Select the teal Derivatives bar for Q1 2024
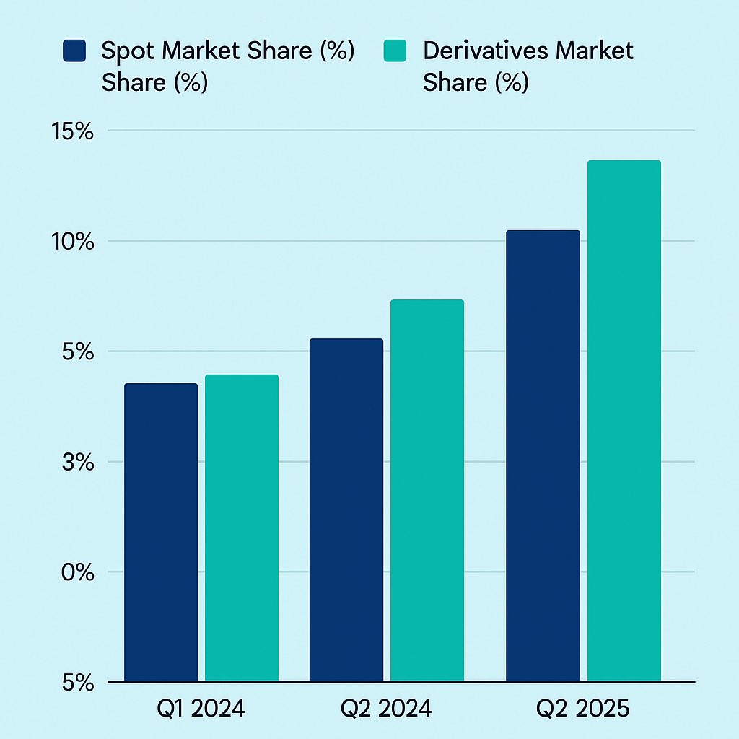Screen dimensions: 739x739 click(242, 528)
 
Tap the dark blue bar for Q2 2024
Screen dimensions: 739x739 click(346, 510)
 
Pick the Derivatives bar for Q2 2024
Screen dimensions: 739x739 click(427, 491)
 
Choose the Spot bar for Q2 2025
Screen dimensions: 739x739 click(543, 456)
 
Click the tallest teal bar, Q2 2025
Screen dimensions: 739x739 click(624, 421)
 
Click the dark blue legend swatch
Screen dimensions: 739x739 click(74, 51)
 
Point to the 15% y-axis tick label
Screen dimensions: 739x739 click(70, 131)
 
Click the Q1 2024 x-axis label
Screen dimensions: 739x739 click(201, 709)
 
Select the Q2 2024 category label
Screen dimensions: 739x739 click(386, 709)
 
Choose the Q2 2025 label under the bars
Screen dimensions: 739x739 click(582, 709)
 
